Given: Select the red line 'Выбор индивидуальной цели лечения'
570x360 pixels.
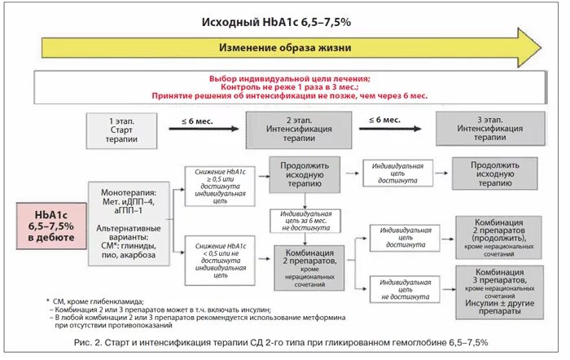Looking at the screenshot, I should click(x=288, y=78).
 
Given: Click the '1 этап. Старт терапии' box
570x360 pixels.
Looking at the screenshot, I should click(x=121, y=128).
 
